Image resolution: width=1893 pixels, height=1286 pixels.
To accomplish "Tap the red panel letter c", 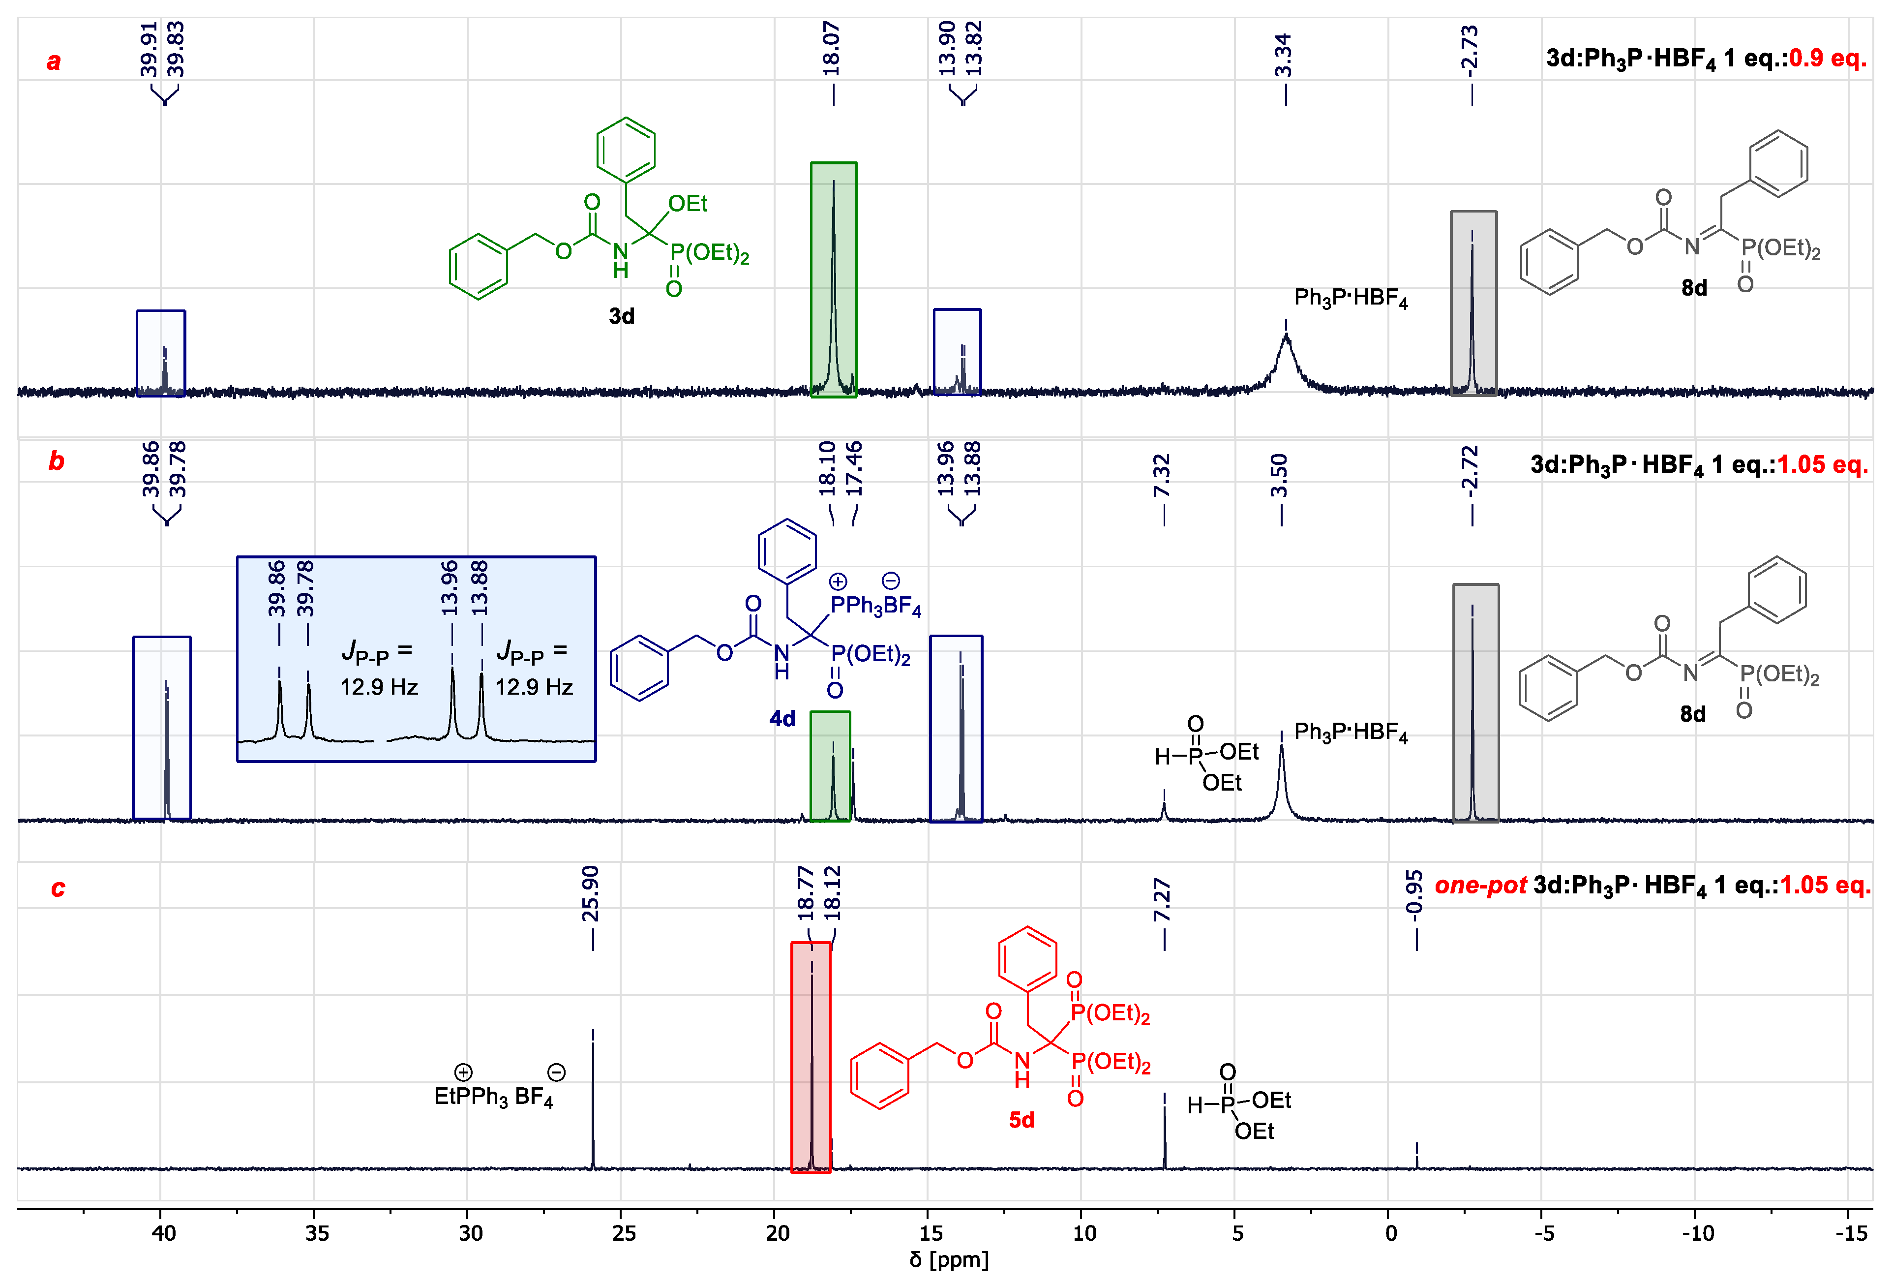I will (x=58, y=888).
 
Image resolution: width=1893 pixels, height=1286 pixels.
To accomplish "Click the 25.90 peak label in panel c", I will (x=591, y=893).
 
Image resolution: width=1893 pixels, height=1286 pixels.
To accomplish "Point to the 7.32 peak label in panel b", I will (x=1162, y=476).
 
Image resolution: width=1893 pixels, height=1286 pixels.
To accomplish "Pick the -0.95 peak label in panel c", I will (x=1415, y=893).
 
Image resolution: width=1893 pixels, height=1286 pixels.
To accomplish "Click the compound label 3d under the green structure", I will (x=622, y=316).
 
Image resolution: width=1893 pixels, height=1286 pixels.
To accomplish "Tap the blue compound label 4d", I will (x=782, y=719).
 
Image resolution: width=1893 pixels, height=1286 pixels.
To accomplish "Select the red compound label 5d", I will (x=1022, y=1120).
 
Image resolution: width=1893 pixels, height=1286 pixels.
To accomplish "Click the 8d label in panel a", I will (x=1694, y=288).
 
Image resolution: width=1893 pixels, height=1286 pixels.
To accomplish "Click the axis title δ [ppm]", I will (x=949, y=1260).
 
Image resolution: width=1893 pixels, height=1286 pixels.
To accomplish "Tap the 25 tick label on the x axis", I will (x=623, y=1233).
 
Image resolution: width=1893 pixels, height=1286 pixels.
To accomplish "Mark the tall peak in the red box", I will (x=811, y=1059).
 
